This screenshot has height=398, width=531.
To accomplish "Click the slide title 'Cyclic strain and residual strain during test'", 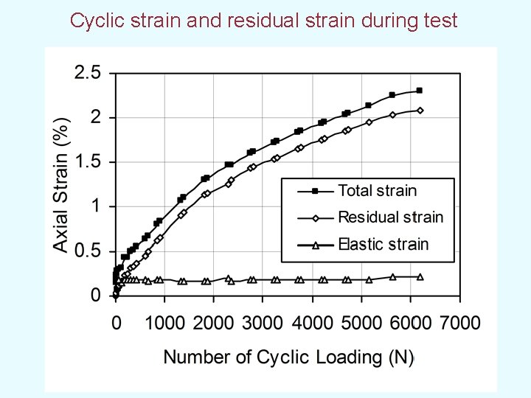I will click(263, 20).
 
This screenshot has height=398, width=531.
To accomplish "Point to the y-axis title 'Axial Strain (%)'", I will click(63, 184).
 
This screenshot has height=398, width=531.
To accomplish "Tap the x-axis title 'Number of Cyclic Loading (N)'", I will click(288, 357).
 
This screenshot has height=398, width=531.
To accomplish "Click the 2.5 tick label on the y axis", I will click(87, 73).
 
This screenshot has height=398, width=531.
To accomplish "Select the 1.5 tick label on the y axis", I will click(87, 162).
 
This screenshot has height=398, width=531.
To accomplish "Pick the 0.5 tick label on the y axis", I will click(87, 251).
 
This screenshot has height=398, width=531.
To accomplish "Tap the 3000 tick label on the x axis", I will click(262, 323).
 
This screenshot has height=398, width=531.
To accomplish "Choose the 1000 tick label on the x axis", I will click(164, 323).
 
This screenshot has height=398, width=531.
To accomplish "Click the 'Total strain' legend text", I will click(377, 191).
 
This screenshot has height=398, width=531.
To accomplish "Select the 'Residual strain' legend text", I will click(390, 217).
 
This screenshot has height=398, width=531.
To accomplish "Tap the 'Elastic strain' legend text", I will click(383, 245).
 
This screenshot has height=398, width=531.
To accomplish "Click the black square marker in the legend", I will click(315, 191).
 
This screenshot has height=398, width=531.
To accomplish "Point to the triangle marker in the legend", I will click(315, 245).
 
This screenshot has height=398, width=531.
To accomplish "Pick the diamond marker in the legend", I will click(315, 217).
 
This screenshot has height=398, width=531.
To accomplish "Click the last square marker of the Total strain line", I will click(419, 91).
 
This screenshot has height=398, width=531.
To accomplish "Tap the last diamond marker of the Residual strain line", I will click(420, 111).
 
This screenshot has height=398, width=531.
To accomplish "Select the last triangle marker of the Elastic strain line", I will click(420, 277).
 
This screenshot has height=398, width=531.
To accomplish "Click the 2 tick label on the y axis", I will click(95, 118).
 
